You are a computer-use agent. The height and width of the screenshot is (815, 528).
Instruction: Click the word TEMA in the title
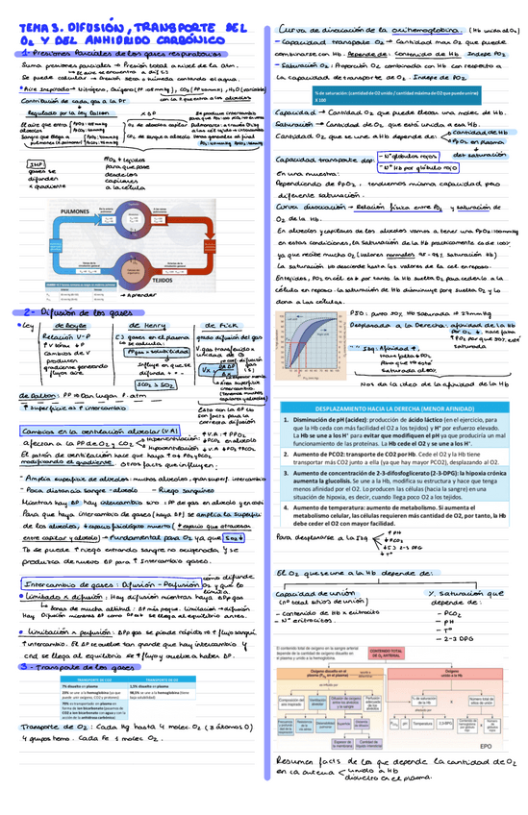[38, 30]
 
